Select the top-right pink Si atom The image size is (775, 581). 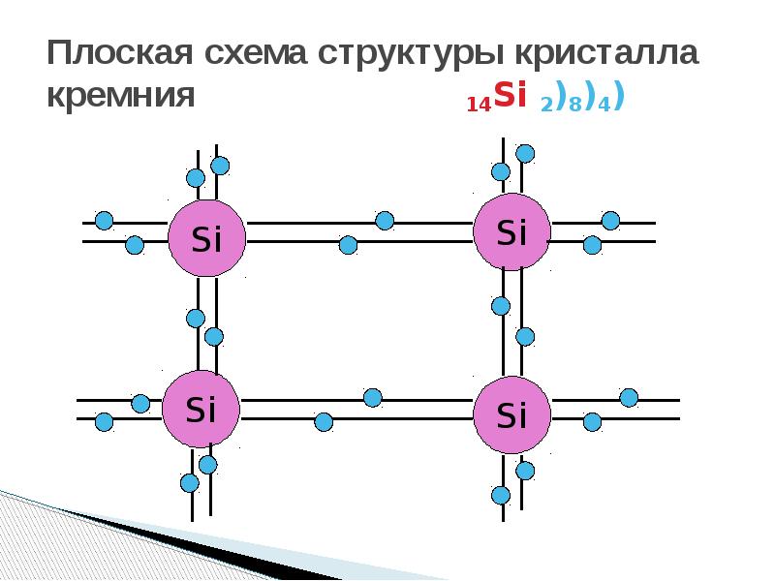[511, 230]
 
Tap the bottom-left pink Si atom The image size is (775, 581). [201, 409]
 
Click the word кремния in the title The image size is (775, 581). [122, 97]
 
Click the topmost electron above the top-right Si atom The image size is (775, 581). [525, 153]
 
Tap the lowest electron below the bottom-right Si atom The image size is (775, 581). [501, 495]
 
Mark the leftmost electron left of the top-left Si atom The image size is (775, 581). [104, 221]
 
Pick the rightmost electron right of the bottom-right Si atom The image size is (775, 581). [629, 397]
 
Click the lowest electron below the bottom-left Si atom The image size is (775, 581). [190, 482]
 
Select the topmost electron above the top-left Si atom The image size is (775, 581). [220, 166]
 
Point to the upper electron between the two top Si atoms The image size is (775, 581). [385, 221]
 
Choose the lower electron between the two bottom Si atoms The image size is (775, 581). [324, 421]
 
